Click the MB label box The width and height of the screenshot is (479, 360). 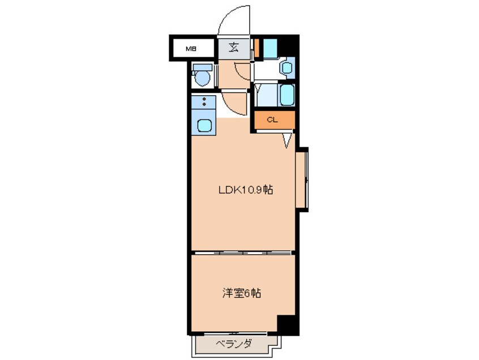coord(192,49)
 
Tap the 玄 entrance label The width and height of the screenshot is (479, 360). coord(234,48)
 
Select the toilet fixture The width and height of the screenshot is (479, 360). coord(202,78)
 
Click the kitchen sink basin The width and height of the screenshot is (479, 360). coord(203,125)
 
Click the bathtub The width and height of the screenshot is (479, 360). coord(287,95)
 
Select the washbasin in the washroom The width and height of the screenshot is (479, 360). coord(286,68)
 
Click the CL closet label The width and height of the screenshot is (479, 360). coord(272,119)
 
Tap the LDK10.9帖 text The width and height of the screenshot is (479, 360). coord(246,190)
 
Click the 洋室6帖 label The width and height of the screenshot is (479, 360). coord(241,293)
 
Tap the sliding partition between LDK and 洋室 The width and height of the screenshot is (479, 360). coord(243,252)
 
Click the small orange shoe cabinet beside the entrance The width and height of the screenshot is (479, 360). coord(256,49)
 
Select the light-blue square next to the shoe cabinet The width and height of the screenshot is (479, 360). coord(270,47)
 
